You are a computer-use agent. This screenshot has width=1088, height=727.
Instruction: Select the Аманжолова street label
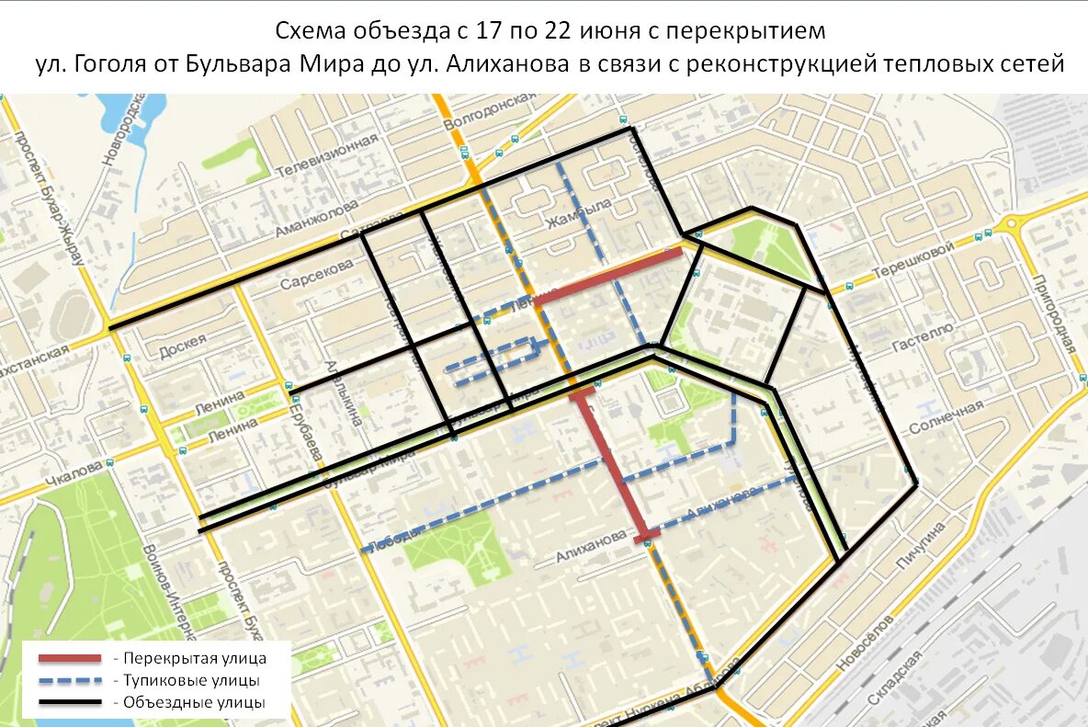click(x=316, y=220)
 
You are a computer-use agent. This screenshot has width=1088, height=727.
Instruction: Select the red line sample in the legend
click(x=69, y=658)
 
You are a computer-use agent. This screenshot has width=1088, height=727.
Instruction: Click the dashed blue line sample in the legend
click(x=69, y=681)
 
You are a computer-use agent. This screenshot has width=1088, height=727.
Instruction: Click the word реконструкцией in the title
click(x=786, y=64)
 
